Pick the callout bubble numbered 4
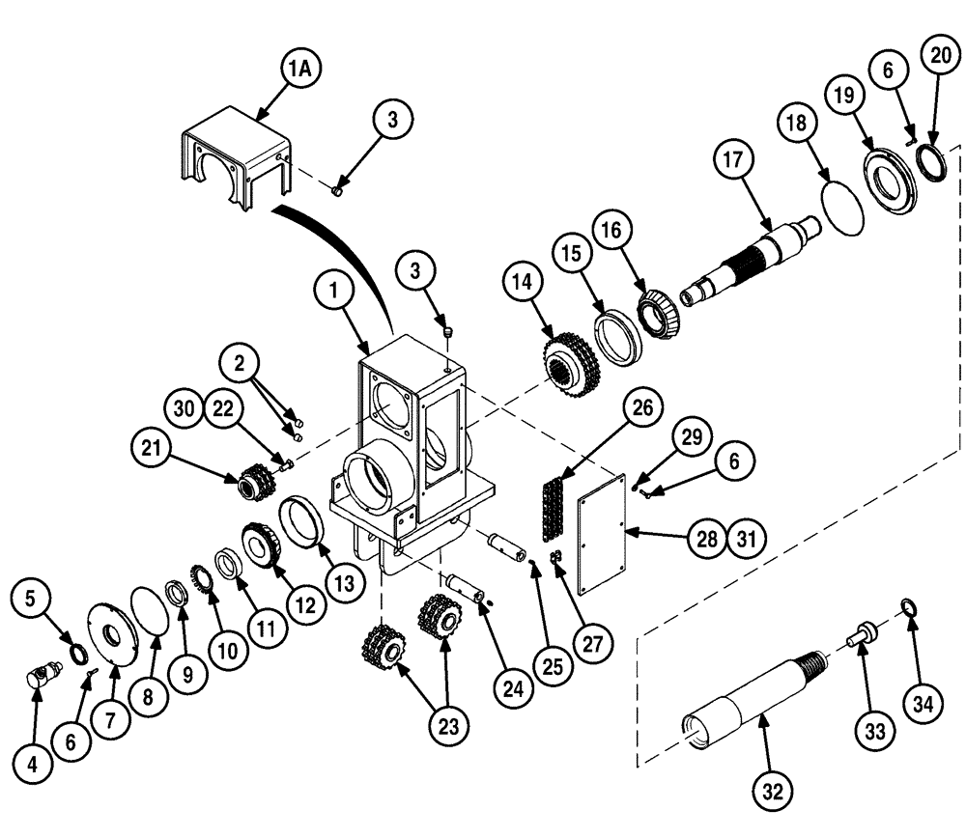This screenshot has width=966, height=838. click(x=33, y=766)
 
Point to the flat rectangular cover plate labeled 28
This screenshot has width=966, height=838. click(x=601, y=541)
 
